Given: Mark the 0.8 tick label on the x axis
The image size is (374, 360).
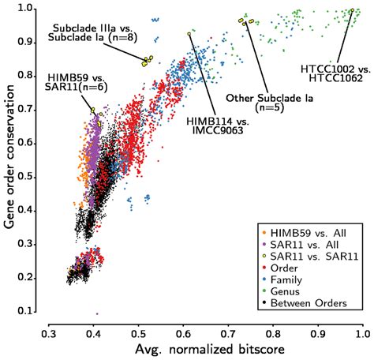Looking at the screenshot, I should point(273,333).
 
